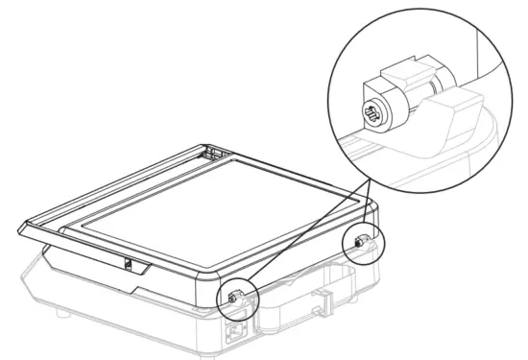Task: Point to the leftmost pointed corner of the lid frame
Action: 22,228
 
